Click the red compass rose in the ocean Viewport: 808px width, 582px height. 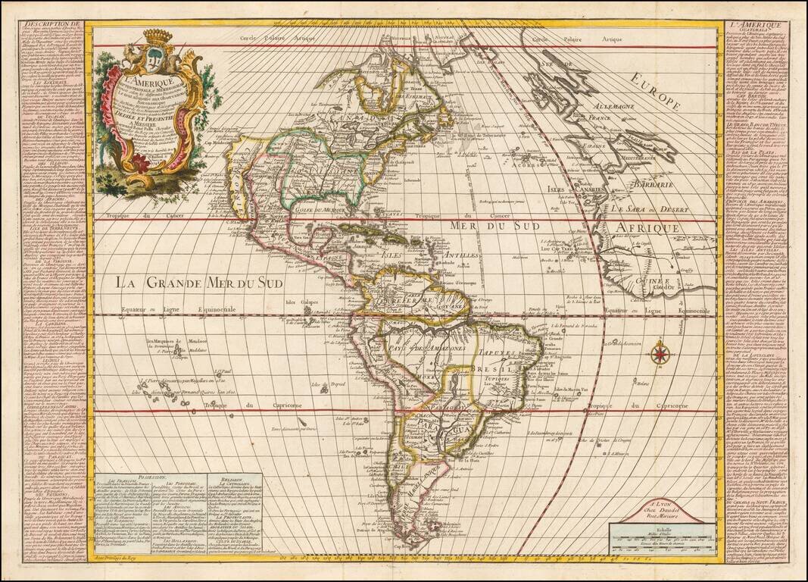(660, 352)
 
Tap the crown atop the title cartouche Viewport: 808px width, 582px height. (158, 36)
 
